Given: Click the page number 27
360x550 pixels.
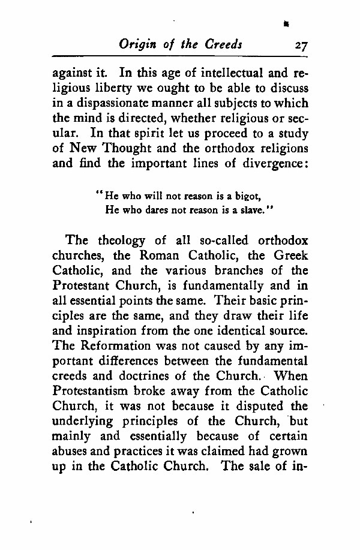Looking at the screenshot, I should point(298,46).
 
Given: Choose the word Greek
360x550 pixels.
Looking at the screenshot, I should point(292,256).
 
